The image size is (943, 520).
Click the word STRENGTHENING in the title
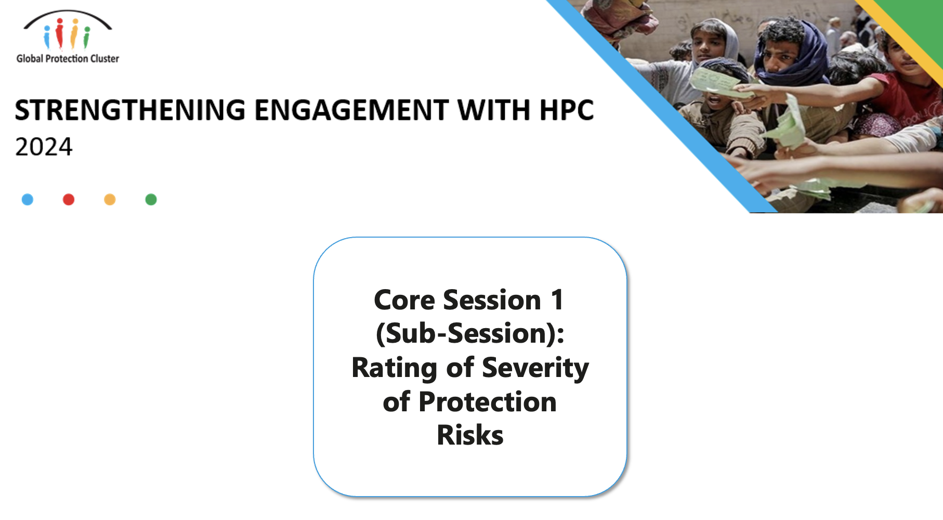(130, 110)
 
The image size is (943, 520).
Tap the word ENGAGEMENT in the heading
(351, 110)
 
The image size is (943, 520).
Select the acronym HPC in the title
(566, 110)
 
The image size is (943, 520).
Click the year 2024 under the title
(44, 147)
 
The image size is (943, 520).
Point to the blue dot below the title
(28, 200)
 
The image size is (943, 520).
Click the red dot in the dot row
(69, 200)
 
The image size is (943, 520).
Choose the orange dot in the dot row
(110, 200)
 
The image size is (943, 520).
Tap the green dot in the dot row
(151, 200)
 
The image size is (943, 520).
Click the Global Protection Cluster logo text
(68, 59)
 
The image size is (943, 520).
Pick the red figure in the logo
(60, 33)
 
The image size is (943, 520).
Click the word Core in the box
(404, 300)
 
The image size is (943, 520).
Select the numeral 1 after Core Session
(557, 300)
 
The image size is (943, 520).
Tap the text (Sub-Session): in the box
(470, 333)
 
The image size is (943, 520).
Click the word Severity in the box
(535, 368)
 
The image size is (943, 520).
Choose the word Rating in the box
(395, 368)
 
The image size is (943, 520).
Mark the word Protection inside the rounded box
(488, 402)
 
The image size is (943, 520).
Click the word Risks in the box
(470, 435)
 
